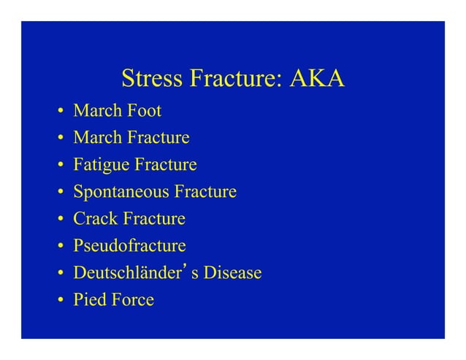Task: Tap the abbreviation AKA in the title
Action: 317,78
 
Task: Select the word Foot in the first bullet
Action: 144,112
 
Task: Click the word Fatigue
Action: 100,165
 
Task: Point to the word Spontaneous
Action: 121,192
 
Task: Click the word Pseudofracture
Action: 129,246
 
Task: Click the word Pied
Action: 89,300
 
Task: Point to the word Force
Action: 132,300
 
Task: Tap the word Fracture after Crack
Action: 154,219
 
